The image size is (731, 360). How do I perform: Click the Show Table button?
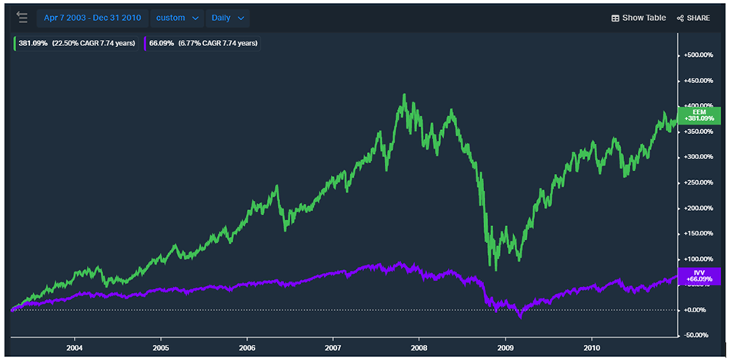(x=638, y=18)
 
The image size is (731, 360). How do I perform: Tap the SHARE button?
(x=693, y=18)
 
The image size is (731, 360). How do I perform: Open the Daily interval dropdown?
(x=228, y=18)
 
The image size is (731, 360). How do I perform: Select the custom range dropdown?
(x=177, y=18)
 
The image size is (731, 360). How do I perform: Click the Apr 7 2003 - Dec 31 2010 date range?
(x=92, y=18)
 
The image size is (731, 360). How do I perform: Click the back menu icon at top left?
(x=22, y=18)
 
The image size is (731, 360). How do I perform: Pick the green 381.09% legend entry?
(x=76, y=43)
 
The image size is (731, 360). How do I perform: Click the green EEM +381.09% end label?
(x=699, y=115)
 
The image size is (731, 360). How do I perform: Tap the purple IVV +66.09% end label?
(x=699, y=276)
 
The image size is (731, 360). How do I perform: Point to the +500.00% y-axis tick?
(x=699, y=55)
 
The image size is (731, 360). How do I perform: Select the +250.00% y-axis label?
(x=699, y=182)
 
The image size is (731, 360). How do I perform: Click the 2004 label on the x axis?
(x=75, y=347)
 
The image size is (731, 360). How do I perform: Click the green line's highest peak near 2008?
(x=404, y=95)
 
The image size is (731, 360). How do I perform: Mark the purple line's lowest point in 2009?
(x=520, y=316)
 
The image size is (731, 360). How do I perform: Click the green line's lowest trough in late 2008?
(x=496, y=270)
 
